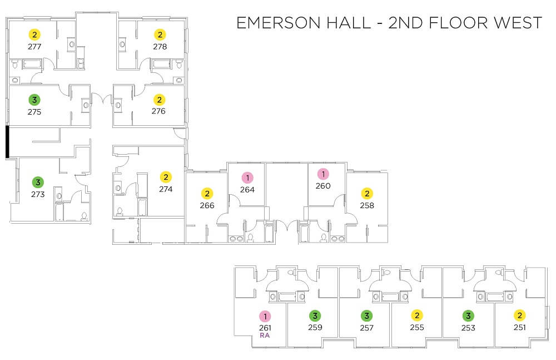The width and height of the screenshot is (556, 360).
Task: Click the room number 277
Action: coord(34,47)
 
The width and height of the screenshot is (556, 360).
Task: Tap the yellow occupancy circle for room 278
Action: coord(160,35)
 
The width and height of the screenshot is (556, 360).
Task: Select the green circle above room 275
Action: coord(34,100)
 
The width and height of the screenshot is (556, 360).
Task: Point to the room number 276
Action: coord(158,111)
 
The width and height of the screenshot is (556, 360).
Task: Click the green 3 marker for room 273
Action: coord(38,183)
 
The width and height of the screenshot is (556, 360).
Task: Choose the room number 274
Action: coord(166,189)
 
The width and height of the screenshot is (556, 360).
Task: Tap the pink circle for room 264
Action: coord(247,177)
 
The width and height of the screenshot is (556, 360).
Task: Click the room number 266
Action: coord(207,205)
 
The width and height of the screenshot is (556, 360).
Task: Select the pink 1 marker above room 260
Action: coord(323,174)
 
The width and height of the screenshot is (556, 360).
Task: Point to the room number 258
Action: coord(367,205)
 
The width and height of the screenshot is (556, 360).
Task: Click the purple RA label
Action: coord(265,336)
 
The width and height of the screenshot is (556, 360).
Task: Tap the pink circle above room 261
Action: coord(265,316)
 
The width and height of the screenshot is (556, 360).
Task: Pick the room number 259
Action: coord(315,327)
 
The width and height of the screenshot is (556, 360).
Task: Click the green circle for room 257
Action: coord(366,315)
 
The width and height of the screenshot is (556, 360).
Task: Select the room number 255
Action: coord(417,327)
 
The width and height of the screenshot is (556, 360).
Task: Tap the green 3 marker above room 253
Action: coord(468,315)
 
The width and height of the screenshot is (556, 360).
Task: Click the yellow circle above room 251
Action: coord(519,315)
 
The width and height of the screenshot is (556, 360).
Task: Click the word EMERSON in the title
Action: coord(279,23)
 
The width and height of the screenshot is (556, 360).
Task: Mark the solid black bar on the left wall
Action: coord(7,141)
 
